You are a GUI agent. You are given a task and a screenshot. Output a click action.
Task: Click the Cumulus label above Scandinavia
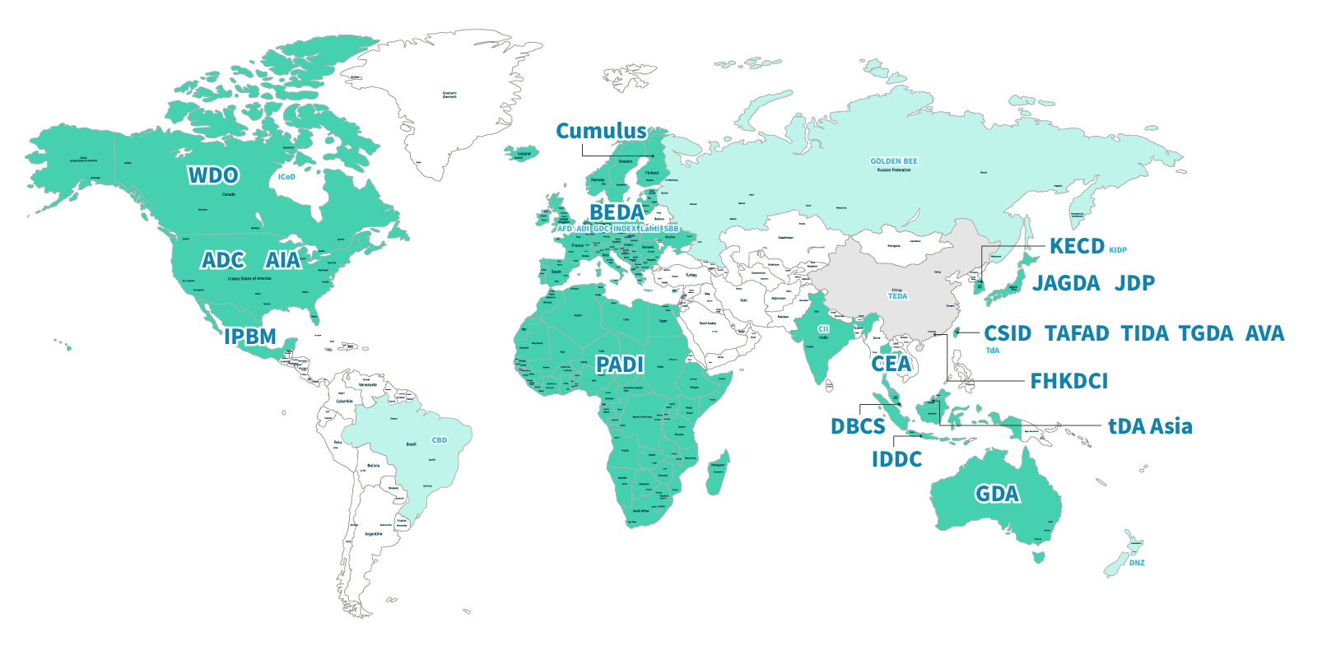[601, 132]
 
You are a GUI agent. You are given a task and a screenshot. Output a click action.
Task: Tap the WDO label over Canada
[213, 175]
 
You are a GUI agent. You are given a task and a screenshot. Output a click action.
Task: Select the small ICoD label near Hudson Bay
[286, 177]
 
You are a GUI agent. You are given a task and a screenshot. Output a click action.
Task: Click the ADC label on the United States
[223, 261]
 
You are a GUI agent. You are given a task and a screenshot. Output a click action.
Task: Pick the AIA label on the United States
[283, 261]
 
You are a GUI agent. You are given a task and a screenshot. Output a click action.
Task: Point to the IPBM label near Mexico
[250, 337]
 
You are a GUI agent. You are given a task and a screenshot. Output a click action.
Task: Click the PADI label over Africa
[620, 365]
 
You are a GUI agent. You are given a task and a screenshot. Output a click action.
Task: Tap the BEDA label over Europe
[617, 212]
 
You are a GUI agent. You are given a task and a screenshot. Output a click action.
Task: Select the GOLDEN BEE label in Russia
[894, 161]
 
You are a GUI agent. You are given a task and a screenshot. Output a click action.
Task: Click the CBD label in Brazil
[440, 440]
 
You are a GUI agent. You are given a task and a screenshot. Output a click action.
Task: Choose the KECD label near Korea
[1077, 246]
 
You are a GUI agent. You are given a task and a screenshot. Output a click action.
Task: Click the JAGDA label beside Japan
[1066, 283]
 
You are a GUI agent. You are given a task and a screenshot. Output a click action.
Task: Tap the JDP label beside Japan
[1135, 283]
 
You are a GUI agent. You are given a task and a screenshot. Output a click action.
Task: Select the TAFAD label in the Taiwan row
[1077, 333]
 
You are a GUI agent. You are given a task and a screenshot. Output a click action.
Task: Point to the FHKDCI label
[1069, 381]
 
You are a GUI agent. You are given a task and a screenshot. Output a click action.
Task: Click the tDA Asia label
[1150, 426]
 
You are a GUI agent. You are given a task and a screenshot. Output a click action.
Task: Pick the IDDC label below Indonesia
[897, 459]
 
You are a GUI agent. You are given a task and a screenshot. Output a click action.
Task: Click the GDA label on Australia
[997, 494]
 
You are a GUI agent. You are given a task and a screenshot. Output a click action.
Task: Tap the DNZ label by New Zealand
[1137, 563]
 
